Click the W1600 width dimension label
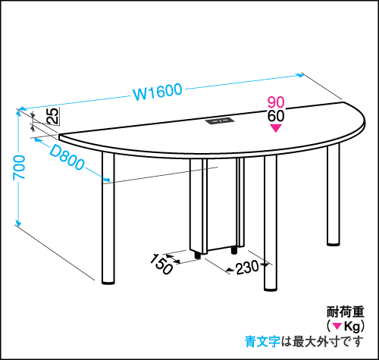tap(158, 92)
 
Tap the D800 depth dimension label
tap(67, 158)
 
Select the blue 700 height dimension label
tap(19, 167)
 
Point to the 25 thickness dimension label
tap(53, 116)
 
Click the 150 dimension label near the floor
tap(161, 265)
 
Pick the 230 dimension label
tap(247, 268)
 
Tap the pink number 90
tap(276, 102)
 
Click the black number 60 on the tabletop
tap(276, 116)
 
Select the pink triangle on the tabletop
tap(276, 128)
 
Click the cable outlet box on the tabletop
tap(220, 121)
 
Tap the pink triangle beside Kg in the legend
tap(337, 327)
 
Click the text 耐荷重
tap(345, 311)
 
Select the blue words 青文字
tap(262, 342)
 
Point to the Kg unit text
tap(352, 327)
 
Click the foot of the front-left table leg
tap(108, 282)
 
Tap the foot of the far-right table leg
tap(334, 243)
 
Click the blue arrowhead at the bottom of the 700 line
tap(17, 222)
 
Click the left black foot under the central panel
tap(198, 255)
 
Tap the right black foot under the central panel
tap(234, 250)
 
